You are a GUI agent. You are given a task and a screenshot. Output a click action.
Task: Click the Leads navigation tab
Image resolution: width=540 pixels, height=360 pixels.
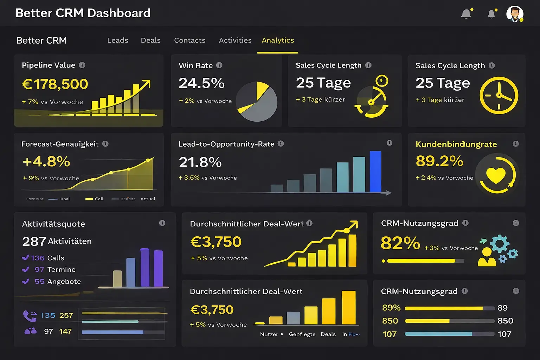(117, 40)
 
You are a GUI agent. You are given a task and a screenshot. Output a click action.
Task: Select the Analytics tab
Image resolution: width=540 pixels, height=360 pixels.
(278, 40)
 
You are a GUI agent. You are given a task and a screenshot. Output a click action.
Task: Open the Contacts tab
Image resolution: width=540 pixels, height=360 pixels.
(189, 40)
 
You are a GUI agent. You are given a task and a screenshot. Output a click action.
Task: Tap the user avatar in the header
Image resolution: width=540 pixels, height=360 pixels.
(515, 14)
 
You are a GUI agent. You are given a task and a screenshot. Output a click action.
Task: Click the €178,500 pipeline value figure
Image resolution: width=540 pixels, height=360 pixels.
(55, 84)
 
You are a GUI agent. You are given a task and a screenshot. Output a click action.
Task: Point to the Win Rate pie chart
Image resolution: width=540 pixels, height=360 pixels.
(257, 102)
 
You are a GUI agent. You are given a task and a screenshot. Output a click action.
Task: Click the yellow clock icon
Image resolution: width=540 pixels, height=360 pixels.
(499, 95)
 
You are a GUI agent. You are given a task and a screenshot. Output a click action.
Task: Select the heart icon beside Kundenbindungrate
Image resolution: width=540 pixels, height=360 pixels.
(496, 175)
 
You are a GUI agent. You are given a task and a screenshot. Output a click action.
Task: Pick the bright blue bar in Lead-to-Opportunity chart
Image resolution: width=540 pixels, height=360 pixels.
(375, 172)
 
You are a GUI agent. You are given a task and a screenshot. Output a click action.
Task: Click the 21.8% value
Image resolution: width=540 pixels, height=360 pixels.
(200, 162)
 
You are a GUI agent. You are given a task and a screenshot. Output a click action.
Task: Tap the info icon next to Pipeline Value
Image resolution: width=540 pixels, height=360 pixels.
(82, 65)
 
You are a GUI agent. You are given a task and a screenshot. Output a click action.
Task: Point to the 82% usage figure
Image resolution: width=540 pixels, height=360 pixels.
(400, 243)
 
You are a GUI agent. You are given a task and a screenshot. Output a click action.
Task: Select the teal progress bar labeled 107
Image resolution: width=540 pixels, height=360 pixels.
(438, 334)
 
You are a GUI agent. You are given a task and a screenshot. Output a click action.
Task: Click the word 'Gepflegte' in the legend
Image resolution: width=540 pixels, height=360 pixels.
(302, 334)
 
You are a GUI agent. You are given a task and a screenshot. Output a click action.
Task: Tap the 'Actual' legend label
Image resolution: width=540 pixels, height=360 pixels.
(148, 199)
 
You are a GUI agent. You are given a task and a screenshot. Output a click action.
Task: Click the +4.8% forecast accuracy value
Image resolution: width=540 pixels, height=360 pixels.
(46, 162)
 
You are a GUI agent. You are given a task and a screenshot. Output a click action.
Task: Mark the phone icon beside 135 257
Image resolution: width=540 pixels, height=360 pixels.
(30, 316)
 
